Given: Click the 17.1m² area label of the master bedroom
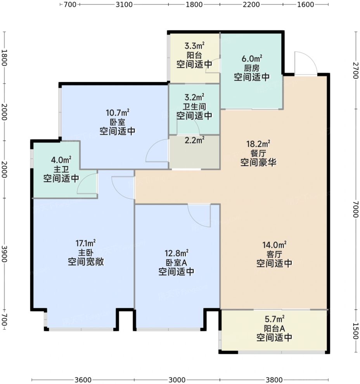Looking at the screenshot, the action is point(86,243).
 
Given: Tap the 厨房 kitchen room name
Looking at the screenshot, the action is point(252,68).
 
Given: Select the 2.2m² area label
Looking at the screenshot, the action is point(195,140).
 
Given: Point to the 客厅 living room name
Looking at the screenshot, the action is point(274,254).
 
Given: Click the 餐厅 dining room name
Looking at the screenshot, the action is point(258,153).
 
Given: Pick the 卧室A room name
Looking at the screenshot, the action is point(177,262).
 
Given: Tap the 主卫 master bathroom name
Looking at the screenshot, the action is point(61,169).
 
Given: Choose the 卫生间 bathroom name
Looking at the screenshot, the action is point(195,106).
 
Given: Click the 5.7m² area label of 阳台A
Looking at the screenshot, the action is point(274,319).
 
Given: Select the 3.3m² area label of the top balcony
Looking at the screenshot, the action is point(195,46).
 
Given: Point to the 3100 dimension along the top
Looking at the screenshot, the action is point(124,4).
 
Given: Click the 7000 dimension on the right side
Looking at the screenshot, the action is point(356,209).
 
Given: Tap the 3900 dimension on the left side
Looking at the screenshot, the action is point(4,254).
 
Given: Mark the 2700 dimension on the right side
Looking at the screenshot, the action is point(356,71).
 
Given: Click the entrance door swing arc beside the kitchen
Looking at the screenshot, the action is point(309,58).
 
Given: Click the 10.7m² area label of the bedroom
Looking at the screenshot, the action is point(118,113).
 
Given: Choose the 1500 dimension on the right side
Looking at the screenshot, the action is point(356,331).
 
